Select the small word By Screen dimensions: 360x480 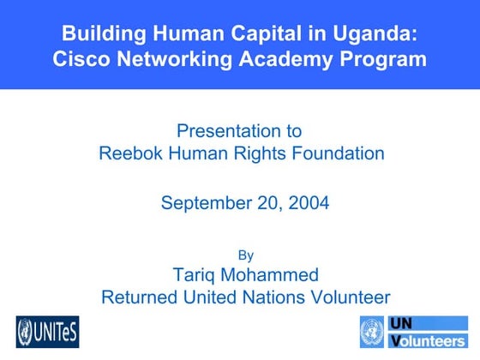[x=244, y=254]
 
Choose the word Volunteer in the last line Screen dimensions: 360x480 [x=349, y=297]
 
